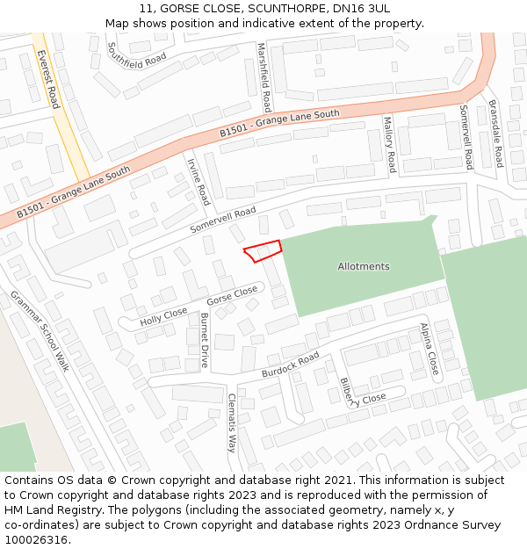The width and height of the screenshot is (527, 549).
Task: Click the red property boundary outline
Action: [263, 250]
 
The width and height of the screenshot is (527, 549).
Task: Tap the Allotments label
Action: [364, 266]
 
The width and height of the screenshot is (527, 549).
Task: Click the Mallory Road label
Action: [389, 144]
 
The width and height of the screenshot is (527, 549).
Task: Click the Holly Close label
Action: [163, 317]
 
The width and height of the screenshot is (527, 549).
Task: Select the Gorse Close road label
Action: [232, 297]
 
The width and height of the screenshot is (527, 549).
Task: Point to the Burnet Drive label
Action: [205, 340]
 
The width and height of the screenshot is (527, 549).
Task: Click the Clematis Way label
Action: [233, 423]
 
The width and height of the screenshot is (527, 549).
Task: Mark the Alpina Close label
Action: [428, 350]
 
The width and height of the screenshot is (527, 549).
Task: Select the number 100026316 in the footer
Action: [37, 539]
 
